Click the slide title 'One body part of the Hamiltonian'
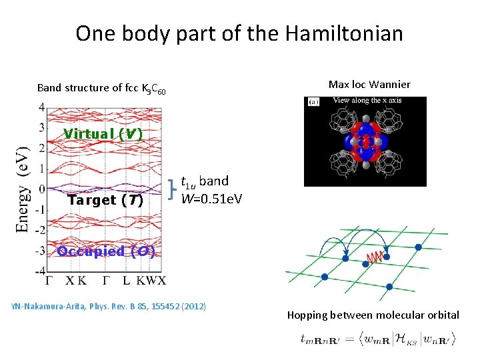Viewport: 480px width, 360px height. click(x=239, y=33)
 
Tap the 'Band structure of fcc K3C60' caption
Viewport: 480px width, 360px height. click(x=102, y=88)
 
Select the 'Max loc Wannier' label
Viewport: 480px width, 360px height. click(x=369, y=84)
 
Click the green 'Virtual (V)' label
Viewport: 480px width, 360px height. click(x=103, y=133)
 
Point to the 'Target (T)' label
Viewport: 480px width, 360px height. click(x=105, y=200)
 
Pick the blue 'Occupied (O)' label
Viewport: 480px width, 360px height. click(x=107, y=251)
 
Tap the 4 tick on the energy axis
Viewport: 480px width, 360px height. click(x=41, y=107)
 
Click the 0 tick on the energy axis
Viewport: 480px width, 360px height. click(x=41, y=189)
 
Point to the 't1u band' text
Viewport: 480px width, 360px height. click(x=205, y=181)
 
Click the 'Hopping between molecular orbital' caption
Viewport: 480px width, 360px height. click(x=373, y=315)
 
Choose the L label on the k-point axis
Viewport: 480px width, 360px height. click(x=127, y=281)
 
